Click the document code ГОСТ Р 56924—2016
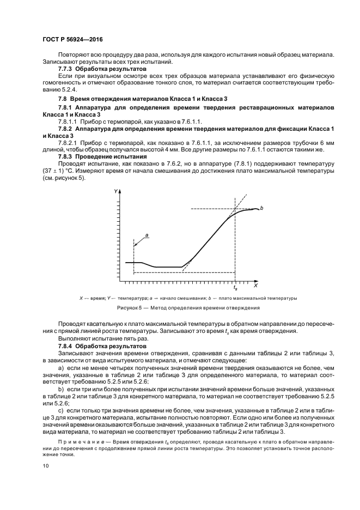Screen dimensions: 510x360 72,40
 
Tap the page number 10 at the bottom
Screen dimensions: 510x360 45,465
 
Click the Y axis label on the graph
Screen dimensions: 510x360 116,191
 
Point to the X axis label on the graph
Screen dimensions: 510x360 255,286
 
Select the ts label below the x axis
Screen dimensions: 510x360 235,287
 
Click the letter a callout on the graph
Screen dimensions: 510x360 147,234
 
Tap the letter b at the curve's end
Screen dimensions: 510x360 263,208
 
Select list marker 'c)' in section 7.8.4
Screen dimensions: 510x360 60,409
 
